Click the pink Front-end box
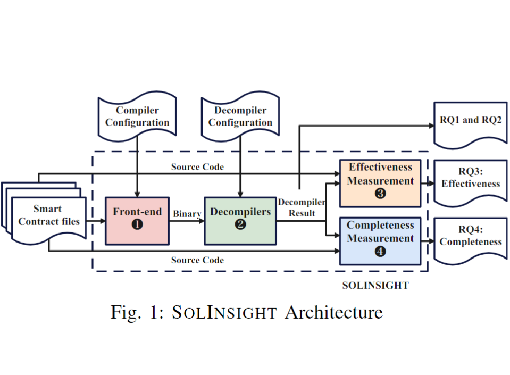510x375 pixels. pyautogui.click(x=137, y=220)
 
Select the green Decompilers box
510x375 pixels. pyautogui.click(x=240, y=220)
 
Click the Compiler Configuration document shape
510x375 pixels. pyautogui.click(x=137, y=117)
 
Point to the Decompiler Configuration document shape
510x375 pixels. pyautogui.click(x=240, y=117)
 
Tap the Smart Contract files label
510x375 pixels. pyautogui.click(x=48, y=215)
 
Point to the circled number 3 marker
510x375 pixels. pyautogui.click(x=380, y=194)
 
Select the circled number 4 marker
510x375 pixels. pyautogui.click(x=380, y=252)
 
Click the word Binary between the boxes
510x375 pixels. pyautogui.click(x=187, y=214)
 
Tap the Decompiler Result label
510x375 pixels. pyautogui.click(x=302, y=207)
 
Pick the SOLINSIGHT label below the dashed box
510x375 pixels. pyautogui.click(x=375, y=286)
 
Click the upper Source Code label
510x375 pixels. pyautogui.click(x=197, y=167)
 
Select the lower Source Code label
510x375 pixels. pyautogui.click(x=197, y=260)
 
